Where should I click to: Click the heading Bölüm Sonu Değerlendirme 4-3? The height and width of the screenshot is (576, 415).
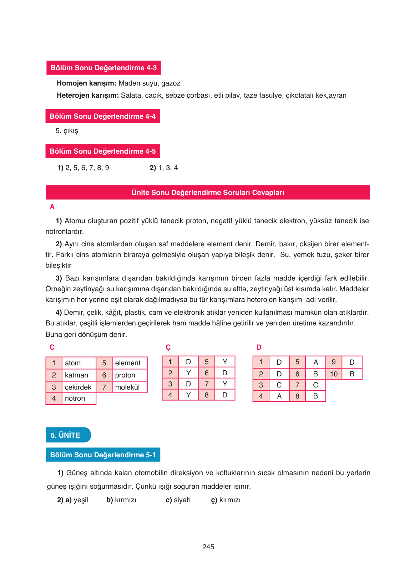click(103, 68)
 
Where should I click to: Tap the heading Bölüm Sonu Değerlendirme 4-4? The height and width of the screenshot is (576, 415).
click(102, 116)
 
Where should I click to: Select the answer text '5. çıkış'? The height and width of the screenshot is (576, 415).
click(67, 131)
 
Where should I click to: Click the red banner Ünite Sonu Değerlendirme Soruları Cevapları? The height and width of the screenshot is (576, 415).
click(208, 192)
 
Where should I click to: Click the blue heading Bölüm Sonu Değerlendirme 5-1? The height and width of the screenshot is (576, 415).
click(103, 455)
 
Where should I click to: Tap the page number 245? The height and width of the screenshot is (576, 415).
click(208, 547)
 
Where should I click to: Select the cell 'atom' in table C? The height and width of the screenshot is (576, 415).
click(73, 363)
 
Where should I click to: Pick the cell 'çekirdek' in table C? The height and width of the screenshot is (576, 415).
click(78, 387)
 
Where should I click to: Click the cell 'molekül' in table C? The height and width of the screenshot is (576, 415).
click(127, 387)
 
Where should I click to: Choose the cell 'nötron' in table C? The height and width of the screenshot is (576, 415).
click(75, 398)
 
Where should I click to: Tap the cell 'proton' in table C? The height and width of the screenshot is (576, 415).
click(125, 375)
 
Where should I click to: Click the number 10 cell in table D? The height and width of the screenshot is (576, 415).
click(334, 374)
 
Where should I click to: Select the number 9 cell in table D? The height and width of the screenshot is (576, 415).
click(334, 362)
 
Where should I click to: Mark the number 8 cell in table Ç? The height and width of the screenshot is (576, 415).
click(207, 395)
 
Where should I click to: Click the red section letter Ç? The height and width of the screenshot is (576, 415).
click(168, 348)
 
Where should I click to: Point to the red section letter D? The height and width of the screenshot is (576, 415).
click(259, 347)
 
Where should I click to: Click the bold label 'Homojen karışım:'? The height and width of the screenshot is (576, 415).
click(86, 83)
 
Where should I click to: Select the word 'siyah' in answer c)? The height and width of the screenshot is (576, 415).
click(182, 500)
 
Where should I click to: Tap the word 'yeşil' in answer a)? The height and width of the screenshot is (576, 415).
click(81, 500)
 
